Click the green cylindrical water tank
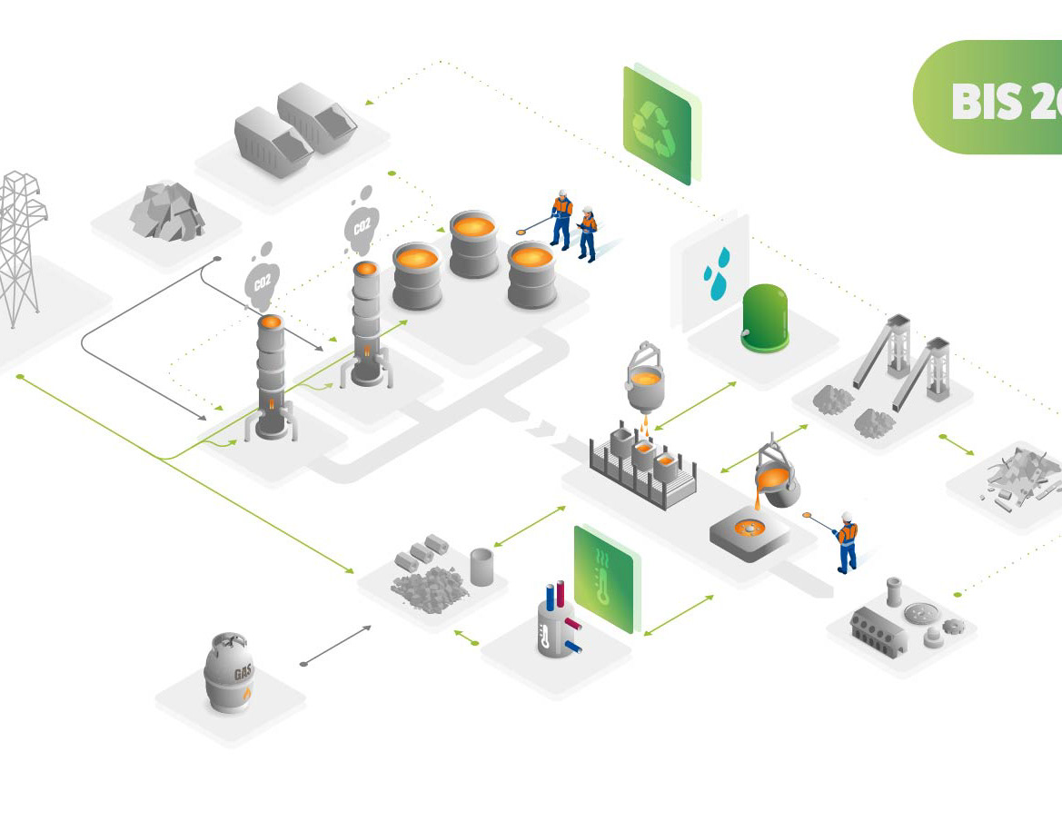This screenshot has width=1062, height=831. (765, 317)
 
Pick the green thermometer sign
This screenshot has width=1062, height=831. (603, 578)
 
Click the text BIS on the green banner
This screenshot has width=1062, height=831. (987, 102)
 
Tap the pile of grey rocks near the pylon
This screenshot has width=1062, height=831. (165, 213)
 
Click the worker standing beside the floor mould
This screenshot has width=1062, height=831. (847, 542)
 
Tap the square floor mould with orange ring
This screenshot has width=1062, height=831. (750, 532)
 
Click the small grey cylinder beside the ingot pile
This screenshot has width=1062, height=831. (481, 567)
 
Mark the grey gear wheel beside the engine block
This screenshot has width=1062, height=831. (952, 626)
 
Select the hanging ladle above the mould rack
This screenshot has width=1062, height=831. (644, 376)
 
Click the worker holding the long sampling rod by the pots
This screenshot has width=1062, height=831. (561, 218)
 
